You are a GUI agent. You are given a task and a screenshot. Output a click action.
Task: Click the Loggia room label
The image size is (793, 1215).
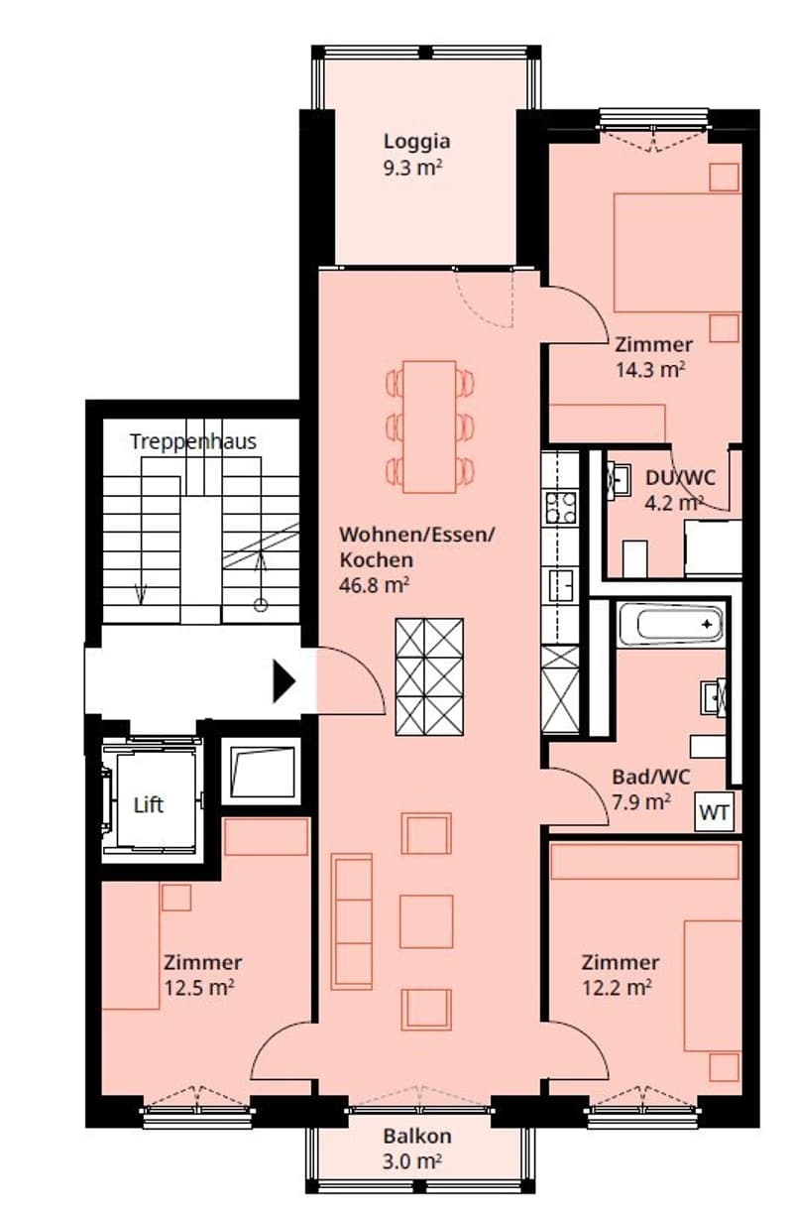coord(416,142)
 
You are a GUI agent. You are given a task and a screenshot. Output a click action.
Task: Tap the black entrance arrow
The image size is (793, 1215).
coord(283,681)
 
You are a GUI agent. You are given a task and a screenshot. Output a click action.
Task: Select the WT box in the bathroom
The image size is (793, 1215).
coord(714,812)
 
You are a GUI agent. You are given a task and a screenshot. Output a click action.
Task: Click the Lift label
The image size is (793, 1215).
coord(148,805)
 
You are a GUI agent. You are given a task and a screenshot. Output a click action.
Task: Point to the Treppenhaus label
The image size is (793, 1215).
coord(193,441)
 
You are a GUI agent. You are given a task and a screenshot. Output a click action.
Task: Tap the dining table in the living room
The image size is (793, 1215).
coord(429,426)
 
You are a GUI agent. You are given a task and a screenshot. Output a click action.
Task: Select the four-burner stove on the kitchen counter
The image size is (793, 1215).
coord(560,507)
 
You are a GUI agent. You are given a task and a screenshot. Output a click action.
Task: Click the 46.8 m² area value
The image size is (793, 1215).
coord(374,585)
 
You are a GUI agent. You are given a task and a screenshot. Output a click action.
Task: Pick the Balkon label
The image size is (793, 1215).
coord(417,1136)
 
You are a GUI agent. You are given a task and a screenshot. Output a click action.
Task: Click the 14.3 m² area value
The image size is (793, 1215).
coord(650,369)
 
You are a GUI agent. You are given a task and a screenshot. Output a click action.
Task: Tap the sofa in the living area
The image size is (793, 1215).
coord(351,921)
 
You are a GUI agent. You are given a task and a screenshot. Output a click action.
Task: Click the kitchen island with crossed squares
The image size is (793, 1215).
coord(429,676)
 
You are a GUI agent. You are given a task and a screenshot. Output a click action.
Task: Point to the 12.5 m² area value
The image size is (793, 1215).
coord(199,988)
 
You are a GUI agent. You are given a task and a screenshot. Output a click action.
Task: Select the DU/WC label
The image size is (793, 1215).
coord(680,478)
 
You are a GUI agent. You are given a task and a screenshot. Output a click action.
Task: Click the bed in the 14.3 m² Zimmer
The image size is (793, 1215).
coord(677,253)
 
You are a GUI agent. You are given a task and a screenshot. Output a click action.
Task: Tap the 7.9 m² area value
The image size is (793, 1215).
coord(641,801)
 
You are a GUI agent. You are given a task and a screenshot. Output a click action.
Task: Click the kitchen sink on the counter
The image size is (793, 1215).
coord(561,585)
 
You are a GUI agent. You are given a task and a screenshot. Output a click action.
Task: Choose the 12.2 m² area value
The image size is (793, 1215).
coord(617,987)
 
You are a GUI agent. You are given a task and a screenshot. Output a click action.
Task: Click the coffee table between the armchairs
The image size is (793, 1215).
coord(426,921)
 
